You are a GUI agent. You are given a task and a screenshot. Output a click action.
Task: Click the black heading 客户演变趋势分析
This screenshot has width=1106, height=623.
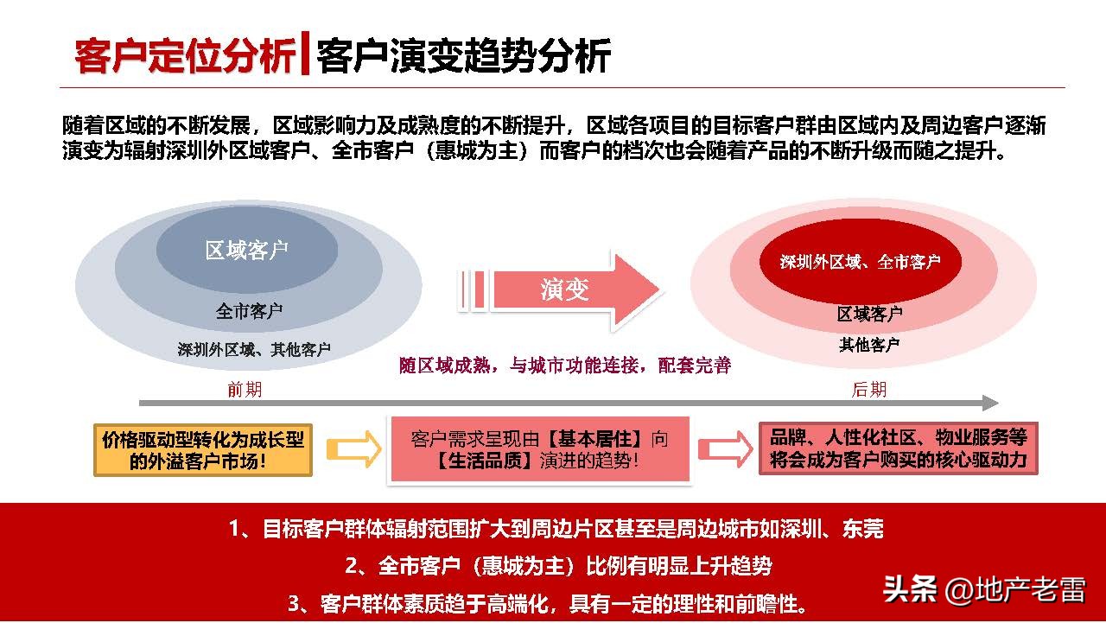coord(464,57)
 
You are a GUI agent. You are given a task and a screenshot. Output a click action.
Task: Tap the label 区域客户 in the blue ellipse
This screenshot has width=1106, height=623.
coord(246,251)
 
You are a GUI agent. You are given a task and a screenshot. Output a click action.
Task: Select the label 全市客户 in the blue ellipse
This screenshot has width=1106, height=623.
coord(249,311)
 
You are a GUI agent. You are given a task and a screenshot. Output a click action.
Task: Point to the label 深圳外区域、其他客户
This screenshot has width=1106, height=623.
coord(254,350)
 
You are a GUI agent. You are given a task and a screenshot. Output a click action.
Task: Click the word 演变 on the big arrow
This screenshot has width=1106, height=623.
coord(565,289)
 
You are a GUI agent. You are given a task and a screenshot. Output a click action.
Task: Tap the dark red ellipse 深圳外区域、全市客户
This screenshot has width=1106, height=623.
coord(860,262)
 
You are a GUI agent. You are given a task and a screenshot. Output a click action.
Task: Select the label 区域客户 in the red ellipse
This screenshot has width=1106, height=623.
coord(869,314)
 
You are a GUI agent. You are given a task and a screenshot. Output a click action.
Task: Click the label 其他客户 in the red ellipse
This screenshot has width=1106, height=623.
coord(869,345)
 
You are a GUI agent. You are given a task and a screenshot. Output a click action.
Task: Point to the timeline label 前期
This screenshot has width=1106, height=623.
coord(245,390)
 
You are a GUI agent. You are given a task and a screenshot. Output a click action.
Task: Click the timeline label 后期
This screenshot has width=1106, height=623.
coord(869,390)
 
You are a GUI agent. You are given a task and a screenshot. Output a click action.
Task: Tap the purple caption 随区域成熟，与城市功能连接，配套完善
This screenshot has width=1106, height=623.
coord(565,366)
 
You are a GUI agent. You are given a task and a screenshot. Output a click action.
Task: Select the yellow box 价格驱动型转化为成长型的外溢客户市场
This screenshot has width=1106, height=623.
coord(203,449)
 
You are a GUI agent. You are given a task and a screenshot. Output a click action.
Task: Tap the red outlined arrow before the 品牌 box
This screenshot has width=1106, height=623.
coord(725,449)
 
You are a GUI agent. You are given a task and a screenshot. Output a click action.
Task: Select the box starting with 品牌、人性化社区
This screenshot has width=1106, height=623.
coord(898,448)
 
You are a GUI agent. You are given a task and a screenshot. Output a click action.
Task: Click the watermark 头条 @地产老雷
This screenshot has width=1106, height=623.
coord(984,590)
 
